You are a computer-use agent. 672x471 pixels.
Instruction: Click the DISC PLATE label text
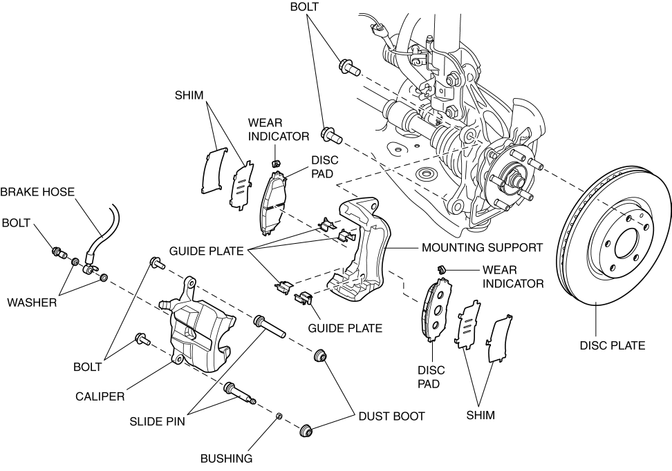point(612,345)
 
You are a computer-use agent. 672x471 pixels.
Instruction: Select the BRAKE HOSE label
point(37,192)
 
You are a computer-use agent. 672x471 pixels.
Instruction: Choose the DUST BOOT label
point(391,416)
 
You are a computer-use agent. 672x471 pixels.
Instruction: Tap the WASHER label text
point(32,302)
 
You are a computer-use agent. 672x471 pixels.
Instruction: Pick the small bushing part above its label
point(279,416)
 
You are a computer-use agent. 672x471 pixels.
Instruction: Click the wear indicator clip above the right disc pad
point(438,267)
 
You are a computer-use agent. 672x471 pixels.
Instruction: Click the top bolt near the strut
point(347,68)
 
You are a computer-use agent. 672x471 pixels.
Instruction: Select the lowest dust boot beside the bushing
point(306,434)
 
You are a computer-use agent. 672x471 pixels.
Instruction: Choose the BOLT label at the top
point(305,7)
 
